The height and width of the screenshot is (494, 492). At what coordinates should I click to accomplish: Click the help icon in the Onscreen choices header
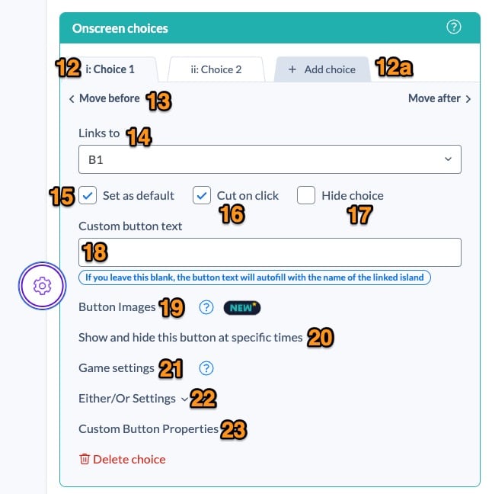point(454,28)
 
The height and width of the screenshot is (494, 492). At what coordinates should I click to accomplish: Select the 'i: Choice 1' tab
point(110,69)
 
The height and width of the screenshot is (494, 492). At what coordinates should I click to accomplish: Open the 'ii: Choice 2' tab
point(216,69)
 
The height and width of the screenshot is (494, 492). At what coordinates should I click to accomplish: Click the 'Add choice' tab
point(322,69)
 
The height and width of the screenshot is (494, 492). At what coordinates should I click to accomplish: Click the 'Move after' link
point(439,98)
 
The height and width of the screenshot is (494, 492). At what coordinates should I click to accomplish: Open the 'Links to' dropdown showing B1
point(270,160)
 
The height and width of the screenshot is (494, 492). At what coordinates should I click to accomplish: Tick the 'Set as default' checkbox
point(88,196)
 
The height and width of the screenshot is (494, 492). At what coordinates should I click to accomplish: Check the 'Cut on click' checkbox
point(201,196)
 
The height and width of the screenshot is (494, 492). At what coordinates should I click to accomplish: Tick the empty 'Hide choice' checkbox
point(306,196)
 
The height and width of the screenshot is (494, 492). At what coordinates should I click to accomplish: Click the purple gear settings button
point(43,286)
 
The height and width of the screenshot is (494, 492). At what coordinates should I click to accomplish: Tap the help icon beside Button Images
point(206,307)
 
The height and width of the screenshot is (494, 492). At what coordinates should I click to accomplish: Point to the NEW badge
point(242,307)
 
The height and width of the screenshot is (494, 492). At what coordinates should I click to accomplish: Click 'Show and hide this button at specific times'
point(190,337)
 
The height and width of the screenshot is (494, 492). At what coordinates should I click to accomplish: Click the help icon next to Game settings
point(206,368)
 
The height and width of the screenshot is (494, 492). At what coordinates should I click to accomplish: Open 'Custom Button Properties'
point(149,429)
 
